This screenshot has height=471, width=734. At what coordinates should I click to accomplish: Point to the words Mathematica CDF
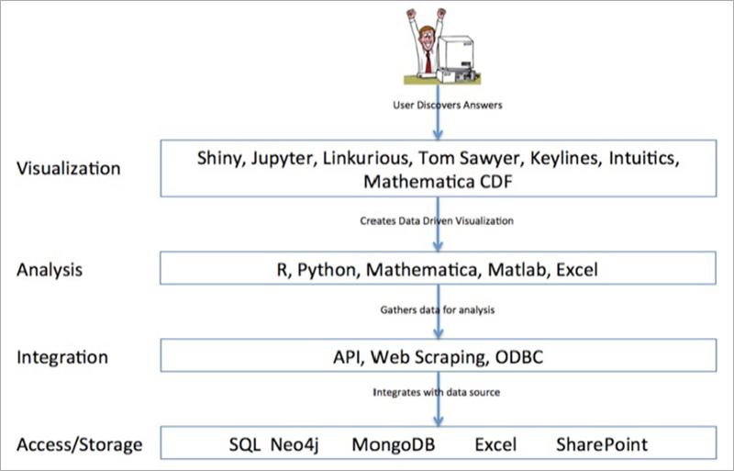point(439,182)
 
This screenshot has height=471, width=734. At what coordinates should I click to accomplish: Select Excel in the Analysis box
point(577,270)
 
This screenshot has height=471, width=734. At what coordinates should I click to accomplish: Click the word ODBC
point(519,357)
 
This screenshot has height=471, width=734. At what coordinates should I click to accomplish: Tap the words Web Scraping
point(430,358)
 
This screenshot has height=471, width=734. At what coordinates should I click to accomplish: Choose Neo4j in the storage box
point(295,444)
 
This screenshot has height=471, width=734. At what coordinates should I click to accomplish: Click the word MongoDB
point(394,444)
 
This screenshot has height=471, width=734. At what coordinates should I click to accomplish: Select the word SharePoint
point(602,444)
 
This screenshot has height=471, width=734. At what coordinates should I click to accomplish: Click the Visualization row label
point(69,168)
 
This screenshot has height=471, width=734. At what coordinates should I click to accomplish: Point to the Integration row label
point(62,357)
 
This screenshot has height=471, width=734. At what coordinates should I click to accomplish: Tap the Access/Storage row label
point(80,444)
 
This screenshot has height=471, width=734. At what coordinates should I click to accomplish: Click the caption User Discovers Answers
point(448,105)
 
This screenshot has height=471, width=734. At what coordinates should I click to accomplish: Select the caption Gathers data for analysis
point(438,309)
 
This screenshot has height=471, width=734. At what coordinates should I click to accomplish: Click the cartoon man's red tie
point(428,62)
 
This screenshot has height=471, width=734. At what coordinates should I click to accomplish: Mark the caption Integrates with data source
point(437,392)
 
